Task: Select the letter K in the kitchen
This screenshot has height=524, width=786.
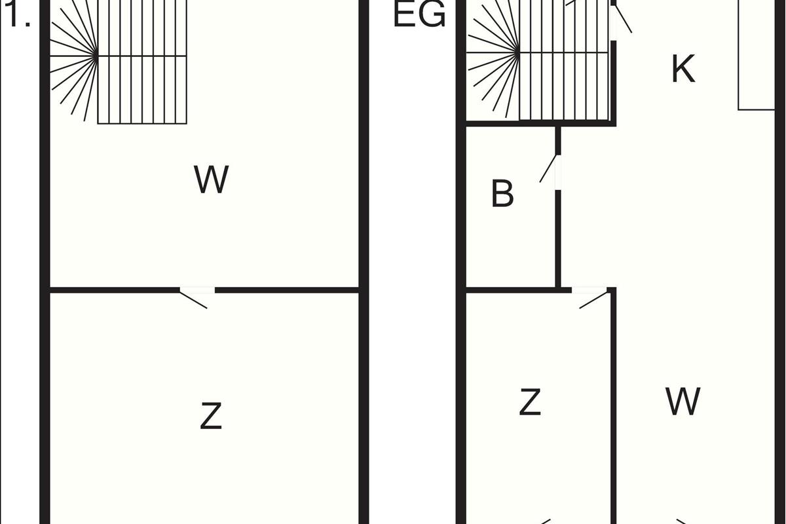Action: pos(683,69)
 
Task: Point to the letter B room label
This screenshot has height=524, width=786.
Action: pos(502,193)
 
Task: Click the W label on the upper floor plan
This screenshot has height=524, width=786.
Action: pos(211,179)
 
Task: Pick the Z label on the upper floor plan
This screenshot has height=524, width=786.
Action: pos(211,416)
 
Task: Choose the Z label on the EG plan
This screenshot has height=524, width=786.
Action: pos(530,402)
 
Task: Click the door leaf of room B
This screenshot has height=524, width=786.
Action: pos(548,168)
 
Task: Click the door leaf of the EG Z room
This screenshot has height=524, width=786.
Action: pos(593,300)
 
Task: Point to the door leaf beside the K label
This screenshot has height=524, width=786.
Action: pos(624,19)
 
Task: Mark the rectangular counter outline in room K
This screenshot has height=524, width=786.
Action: pos(757,55)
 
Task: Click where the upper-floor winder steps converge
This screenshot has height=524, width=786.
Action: pos(97,56)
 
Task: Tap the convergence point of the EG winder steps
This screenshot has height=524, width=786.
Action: pos(519,53)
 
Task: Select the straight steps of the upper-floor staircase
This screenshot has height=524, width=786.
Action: pos(142,62)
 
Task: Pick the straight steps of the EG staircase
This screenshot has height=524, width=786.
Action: pos(564,60)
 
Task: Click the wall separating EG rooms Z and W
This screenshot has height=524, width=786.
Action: pos(614,405)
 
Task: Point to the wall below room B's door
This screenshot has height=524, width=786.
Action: pos(558,239)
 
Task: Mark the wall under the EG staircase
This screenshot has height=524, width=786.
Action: pos(541,124)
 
